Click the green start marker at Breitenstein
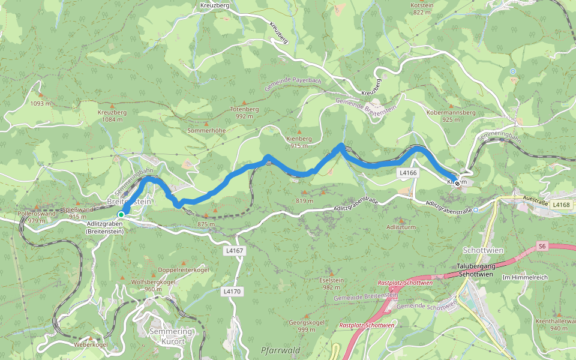121,214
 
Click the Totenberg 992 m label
244,113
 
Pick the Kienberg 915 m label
300,142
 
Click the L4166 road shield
407,173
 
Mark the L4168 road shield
562,205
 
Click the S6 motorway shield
542,246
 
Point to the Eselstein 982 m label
332,283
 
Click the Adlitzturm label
401,227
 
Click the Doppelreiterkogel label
183,269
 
